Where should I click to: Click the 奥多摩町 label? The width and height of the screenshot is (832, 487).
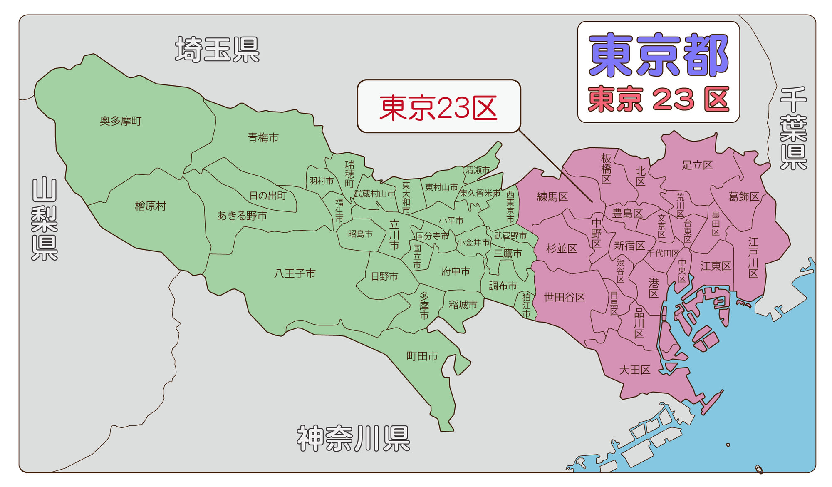pyautogui.click(x=121, y=121)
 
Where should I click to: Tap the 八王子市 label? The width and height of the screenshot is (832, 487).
pyautogui.click(x=295, y=273)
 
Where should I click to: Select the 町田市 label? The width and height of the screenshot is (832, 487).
pyautogui.click(x=422, y=356)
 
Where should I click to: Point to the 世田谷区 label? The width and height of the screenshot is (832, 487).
pyautogui.click(x=565, y=297)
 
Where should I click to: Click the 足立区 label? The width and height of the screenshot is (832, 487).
pyautogui.click(x=697, y=165)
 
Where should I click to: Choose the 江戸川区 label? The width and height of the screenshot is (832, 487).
pyautogui.click(x=753, y=257)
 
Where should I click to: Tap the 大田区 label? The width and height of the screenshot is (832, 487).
pyautogui.click(x=634, y=370)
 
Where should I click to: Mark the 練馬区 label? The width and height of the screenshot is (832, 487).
pyautogui.click(x=552, y=197)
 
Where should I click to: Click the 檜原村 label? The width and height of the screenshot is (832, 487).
pyautogui.click(x=151, y=206)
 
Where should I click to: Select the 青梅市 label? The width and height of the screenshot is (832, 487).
pyautogui.click(x=263, y=138)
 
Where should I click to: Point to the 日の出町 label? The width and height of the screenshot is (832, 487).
pyautogui.click(x=268, y=196)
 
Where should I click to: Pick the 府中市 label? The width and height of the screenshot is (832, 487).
pyautogui.click(x=456, y=271)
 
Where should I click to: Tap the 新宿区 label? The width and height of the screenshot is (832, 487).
pyautogui.click(x=629, y=246)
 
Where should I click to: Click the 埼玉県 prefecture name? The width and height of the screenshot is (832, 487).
pyautogui.click(x=217, y=50)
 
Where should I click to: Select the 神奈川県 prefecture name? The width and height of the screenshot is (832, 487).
pyautogui.click(x=353, y=439)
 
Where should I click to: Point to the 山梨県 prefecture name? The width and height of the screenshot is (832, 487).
pyautogui.click(x=45, y=219)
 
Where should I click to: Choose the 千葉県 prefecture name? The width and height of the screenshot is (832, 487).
pyautogui.click(x=793, y=128)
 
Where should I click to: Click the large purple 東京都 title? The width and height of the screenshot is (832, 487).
pyautogui.click(x=658, y=55)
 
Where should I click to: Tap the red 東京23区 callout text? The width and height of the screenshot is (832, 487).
pyautogui.click(x=438, y=108)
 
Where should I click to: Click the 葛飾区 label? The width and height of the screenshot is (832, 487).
pyautogui.click(x=744, y=197)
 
